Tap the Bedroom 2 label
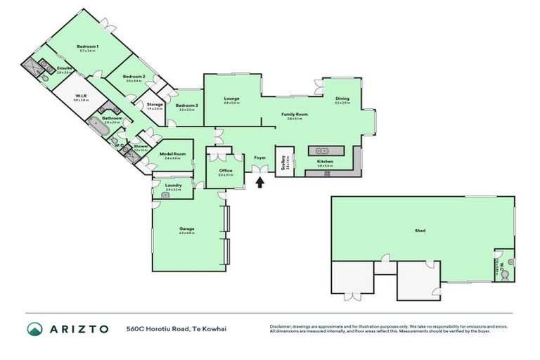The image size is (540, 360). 134,77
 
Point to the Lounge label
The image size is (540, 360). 232,98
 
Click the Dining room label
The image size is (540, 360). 342,98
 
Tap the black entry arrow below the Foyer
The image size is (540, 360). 260,183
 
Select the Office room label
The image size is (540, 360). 226,170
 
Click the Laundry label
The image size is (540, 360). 174,186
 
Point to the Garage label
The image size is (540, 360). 186,229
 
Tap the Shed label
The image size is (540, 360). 420,230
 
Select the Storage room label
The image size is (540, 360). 155,105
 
